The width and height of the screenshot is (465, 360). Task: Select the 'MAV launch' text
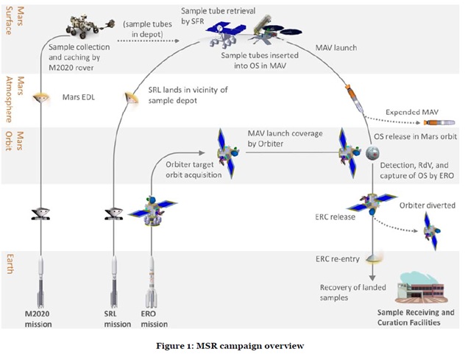coord(337,49)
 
